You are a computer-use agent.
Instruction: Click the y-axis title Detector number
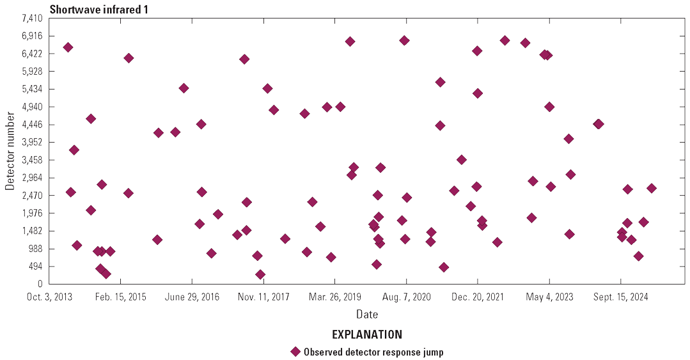coord(10,151)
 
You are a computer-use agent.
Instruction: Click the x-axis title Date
coord(367,315)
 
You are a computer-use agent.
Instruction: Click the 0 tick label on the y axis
coord(40,284)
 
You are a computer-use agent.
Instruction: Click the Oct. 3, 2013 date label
coord(49,297)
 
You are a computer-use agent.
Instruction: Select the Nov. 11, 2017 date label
coord(263,297)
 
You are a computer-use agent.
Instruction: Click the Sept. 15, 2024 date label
coord(620,297)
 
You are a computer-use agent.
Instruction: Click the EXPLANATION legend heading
coord(367,334)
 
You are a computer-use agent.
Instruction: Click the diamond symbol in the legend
coord(295,352)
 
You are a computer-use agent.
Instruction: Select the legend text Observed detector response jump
coord(373,352)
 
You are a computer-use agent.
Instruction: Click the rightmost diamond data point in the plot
coord(651,188)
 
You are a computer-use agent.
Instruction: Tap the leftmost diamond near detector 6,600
coord(68,47)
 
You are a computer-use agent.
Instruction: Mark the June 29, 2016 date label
coord(192,297)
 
